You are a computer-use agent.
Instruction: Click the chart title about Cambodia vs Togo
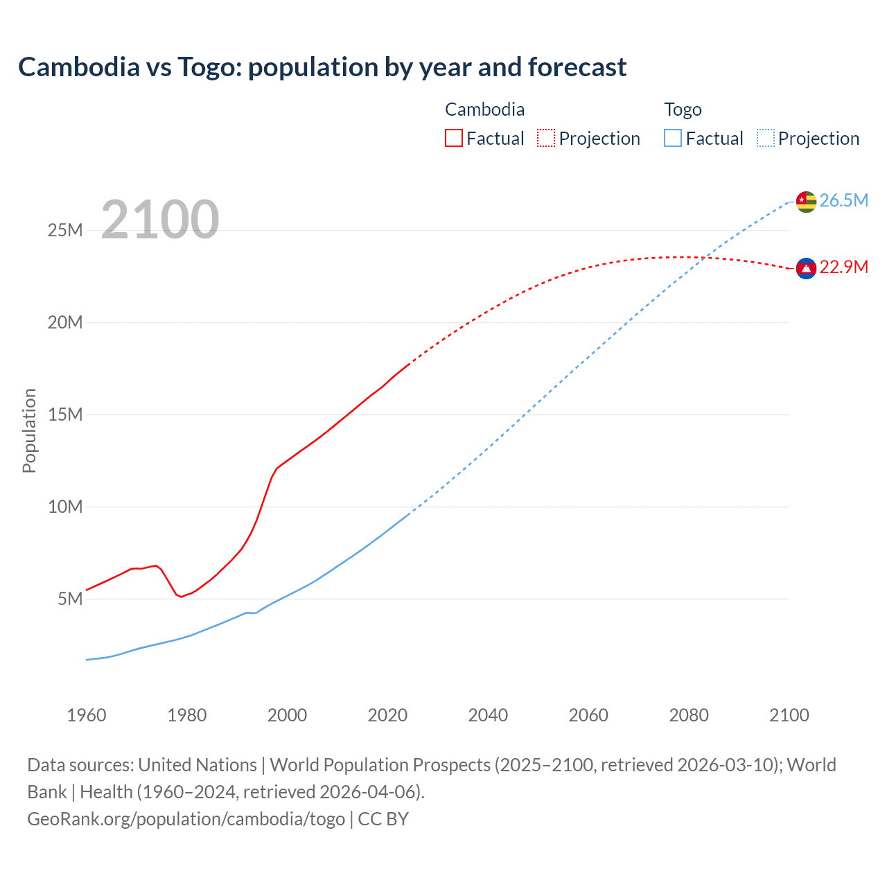[322, 67]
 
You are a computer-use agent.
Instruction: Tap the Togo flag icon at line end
[806, 201]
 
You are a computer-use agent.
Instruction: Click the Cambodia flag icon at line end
[806, 268]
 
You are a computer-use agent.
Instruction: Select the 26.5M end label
[843, 201]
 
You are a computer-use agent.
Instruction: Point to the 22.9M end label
[843, 267]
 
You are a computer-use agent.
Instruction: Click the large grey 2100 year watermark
[160, 220]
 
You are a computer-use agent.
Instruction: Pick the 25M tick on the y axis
[65, 230]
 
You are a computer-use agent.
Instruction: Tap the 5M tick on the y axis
[70, 599]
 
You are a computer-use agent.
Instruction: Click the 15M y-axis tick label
[65, 414]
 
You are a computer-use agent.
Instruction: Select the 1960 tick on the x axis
[87, 715]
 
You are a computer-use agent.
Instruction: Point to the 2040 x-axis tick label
[488, 715]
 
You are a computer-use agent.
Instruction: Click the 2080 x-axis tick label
[689, 715]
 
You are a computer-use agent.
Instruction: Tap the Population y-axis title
[29, 430]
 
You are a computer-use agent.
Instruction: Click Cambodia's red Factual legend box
[453, 139]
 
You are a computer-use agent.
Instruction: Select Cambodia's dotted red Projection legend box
[546, 139]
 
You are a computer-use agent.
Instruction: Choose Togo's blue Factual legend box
[673, 139]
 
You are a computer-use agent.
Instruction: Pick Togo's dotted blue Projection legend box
[766, 139]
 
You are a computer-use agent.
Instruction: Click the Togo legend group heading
[683, 109]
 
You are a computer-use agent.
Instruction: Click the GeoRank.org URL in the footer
[186, 819]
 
